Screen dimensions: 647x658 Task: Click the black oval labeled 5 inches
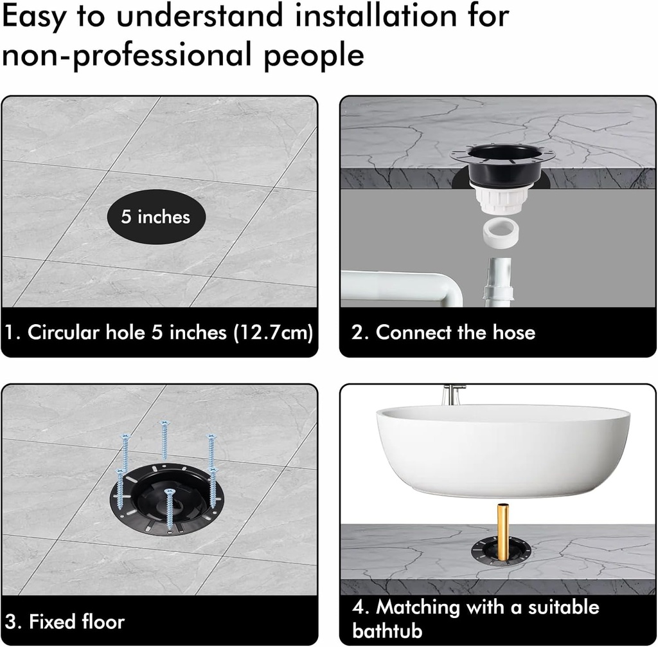pyautogui.click(x=156, y=217)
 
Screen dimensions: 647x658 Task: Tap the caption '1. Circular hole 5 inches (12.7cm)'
pyautogui.click(x=159, y=333)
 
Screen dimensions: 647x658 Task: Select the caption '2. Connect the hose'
pyautogui.click(x=443, y=333)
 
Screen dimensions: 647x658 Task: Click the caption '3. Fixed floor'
pyautogui.click(x=65, y=621)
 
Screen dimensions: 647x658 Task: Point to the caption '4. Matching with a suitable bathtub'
pyautogui.click(x=476, y=618)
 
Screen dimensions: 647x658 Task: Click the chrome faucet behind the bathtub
pyautogui.click(x=454, y=394)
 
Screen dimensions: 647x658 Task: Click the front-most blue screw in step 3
pyautogui.click(x=170, y=509)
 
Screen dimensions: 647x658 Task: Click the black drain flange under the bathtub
pyautogui.click(x=501, y=550)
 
